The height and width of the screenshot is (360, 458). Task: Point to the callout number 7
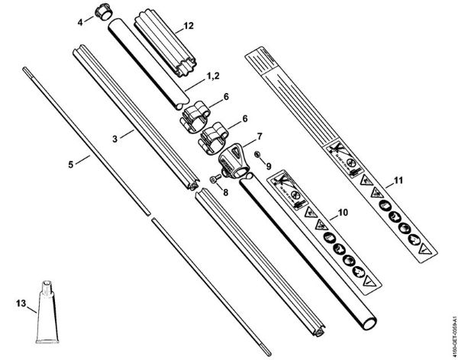(x=260, y=137)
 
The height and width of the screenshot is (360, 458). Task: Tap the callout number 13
(x=21, y=302)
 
